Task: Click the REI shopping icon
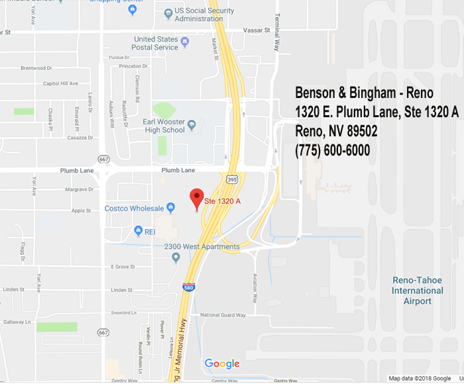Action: coord(139,231)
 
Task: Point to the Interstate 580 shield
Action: coord(189,288)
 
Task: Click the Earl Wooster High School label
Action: coord(164,126)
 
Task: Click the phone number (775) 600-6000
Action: coord(332,150)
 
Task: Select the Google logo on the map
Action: coord(221,363)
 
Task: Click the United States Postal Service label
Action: coord(156,43)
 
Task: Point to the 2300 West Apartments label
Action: coord(202,246)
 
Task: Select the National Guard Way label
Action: coord(223,315)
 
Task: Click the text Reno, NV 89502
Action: coord(336,131)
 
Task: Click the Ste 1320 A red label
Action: coord(222,200)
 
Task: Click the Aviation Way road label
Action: coord(255,286)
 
